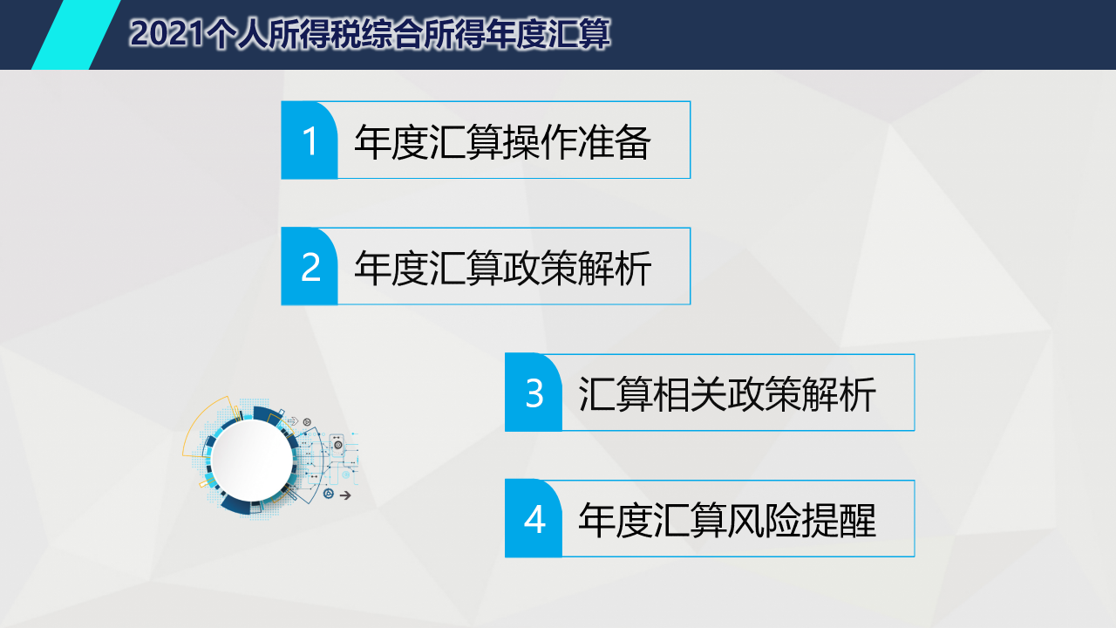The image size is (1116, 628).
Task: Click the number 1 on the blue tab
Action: point(310,141)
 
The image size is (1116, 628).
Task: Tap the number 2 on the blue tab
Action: point(310,267)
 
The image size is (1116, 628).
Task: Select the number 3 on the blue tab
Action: point(534,393)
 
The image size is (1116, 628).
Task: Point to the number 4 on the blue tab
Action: point(534,520)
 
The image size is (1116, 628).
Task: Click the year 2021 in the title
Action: point(167,34)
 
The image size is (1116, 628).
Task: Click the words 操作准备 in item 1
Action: point(576,142)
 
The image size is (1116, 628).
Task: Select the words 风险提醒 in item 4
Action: point(801,521)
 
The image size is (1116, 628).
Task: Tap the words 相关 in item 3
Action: point(690,394)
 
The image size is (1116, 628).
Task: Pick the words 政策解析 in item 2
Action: point(576,268)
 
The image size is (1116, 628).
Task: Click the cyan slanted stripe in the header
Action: point(76,34)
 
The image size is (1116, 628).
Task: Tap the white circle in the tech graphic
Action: point(252,460)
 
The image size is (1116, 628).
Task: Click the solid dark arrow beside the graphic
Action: point(345,495)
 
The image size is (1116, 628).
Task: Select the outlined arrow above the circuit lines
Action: point(293,421)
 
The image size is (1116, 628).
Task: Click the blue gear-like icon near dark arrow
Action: point(329,494)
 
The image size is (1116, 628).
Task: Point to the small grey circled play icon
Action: point(307,422)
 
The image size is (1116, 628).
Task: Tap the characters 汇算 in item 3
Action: point(616,394)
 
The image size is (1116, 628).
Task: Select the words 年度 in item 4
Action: point(616,521)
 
